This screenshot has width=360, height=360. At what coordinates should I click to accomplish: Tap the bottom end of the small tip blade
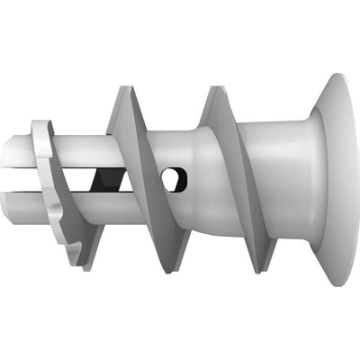[x=85, y=265]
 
